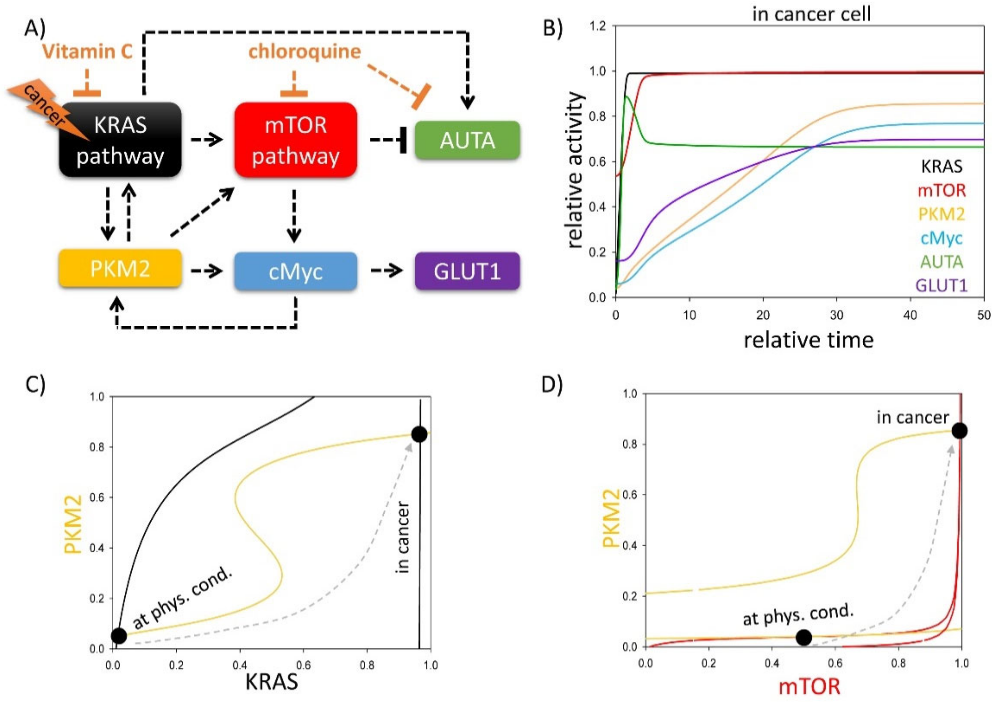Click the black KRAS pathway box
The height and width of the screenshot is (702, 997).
click(120, 140)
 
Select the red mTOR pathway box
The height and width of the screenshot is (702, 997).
click(296, 140)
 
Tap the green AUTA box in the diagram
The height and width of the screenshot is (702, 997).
click(467, 140)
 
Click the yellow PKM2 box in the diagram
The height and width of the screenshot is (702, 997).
click(120, 269)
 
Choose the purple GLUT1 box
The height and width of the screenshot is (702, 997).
click(467, 271)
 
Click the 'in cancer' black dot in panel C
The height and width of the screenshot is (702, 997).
click(419, 434)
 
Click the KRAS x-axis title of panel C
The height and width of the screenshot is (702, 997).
click(272, 682)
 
